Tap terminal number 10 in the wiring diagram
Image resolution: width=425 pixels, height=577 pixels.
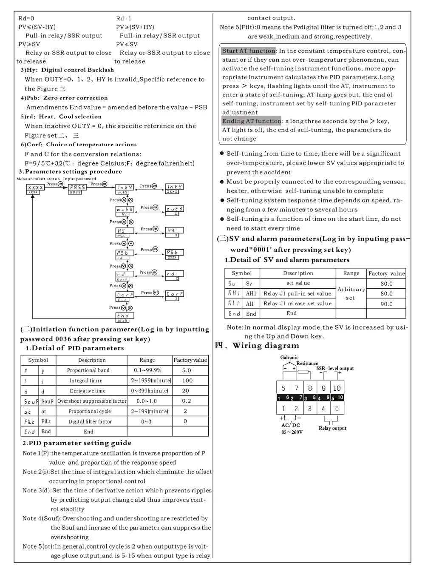click(337, 388)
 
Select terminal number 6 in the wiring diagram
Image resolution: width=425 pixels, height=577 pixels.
click(283, 388)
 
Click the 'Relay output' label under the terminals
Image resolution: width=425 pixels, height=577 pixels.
click(332, 428)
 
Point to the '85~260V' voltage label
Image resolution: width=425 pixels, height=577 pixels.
click(292, 432)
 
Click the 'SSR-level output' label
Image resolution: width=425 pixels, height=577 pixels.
click(335, 368)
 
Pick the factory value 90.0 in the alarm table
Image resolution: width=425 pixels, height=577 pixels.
click(386, 304)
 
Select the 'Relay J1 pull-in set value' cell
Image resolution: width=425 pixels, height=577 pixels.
click(297, 293)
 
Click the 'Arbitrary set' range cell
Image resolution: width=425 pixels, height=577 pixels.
click(351, 293)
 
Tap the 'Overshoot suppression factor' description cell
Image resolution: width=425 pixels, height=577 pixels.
click(92, 401)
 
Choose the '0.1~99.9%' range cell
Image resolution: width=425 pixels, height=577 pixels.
click(147, 370)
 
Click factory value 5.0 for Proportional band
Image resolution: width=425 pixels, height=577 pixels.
click(187, 370)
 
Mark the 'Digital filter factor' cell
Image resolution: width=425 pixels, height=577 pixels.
click(90, 421)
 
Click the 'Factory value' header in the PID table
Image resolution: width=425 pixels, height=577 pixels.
click(190, 360)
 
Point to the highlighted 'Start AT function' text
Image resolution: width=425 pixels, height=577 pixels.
click(249, 51)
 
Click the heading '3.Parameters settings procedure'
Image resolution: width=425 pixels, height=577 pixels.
click(70, 172)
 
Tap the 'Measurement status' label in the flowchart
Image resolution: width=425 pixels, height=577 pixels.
click(38, 179)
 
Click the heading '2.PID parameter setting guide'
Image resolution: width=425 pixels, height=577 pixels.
click(77, 443)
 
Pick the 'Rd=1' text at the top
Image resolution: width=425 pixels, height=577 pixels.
click(124, 18)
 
